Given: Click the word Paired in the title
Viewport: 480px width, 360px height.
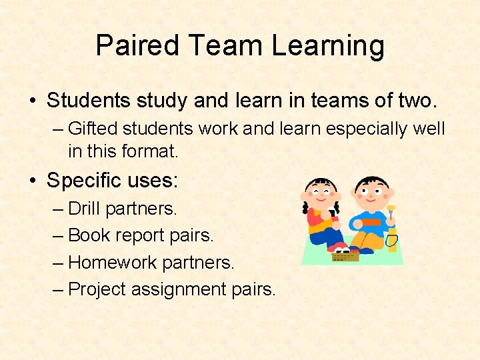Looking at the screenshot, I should (x=137, y=46).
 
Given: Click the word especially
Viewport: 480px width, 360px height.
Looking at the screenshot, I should (x=366, y=128).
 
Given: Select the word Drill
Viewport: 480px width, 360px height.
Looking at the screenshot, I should (x=84, y=209).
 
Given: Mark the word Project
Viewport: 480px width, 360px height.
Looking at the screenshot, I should (x=97, y=289).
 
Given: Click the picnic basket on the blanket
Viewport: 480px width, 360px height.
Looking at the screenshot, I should (x=345, y=254).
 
